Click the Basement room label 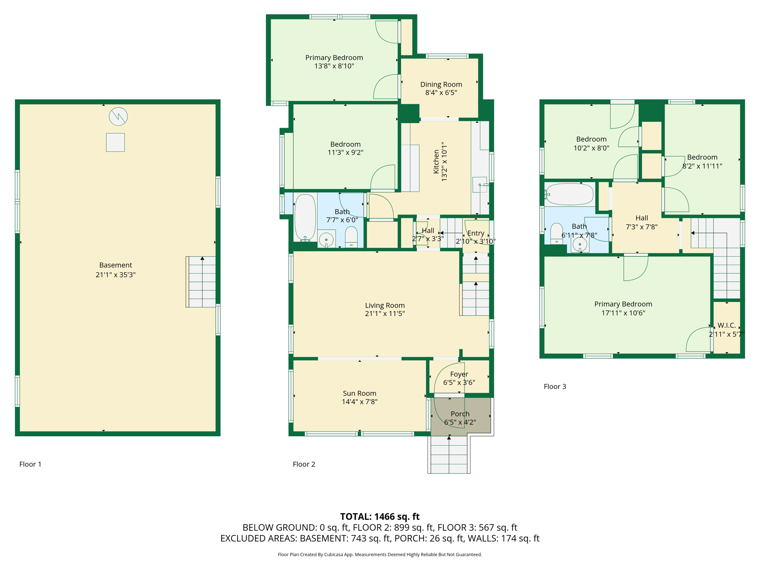point(115,265)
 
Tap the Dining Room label point(441,84)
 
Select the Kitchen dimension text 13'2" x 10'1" point(444,161)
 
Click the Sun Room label point(359,393)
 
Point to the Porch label point(460,413)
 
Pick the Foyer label point(459,374)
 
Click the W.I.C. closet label point(727,325)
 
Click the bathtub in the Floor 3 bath point(570,194)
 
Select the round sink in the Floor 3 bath point(580,244)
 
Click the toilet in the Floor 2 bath point(351,237)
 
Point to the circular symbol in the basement point(118,117)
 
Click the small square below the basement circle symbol point(115,142)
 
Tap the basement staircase point(201,282)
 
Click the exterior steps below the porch point(449,455)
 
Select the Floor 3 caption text point(555,386)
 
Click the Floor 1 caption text point(30,464)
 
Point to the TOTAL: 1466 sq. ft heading point(380,516)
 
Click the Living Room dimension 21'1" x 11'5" point(385,314)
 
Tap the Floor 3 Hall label point(642,218)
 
